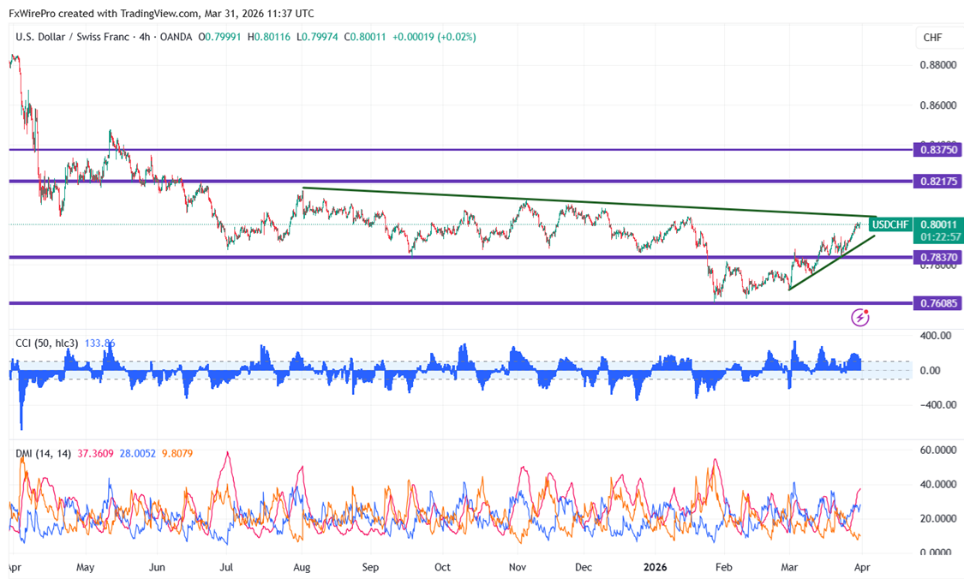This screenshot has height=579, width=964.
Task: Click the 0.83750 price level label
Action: click(x=937, y=149)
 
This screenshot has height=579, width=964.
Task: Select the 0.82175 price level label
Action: click(x=937, y=182)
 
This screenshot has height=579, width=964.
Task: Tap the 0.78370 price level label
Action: click(x=937, y=257)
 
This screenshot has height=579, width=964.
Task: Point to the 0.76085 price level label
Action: click(x=937, y=303)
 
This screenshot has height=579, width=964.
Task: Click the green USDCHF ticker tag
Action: click(x=889, y=224)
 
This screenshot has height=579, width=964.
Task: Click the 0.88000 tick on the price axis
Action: click(x=937, y=65)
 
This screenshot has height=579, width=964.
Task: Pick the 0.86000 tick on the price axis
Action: click(x=937, y=105)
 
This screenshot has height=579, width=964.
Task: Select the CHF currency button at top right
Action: click(x=932, y=38)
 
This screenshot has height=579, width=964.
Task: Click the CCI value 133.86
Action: click(x=100, y=343)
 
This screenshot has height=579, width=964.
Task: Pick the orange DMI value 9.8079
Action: click(x=177, y=453)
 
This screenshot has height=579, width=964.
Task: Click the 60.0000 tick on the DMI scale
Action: click(x=937, y=450)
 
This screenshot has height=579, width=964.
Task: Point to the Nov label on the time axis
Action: click(x=518, y=567)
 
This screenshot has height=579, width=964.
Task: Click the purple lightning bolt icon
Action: click(x=860, y=318)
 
